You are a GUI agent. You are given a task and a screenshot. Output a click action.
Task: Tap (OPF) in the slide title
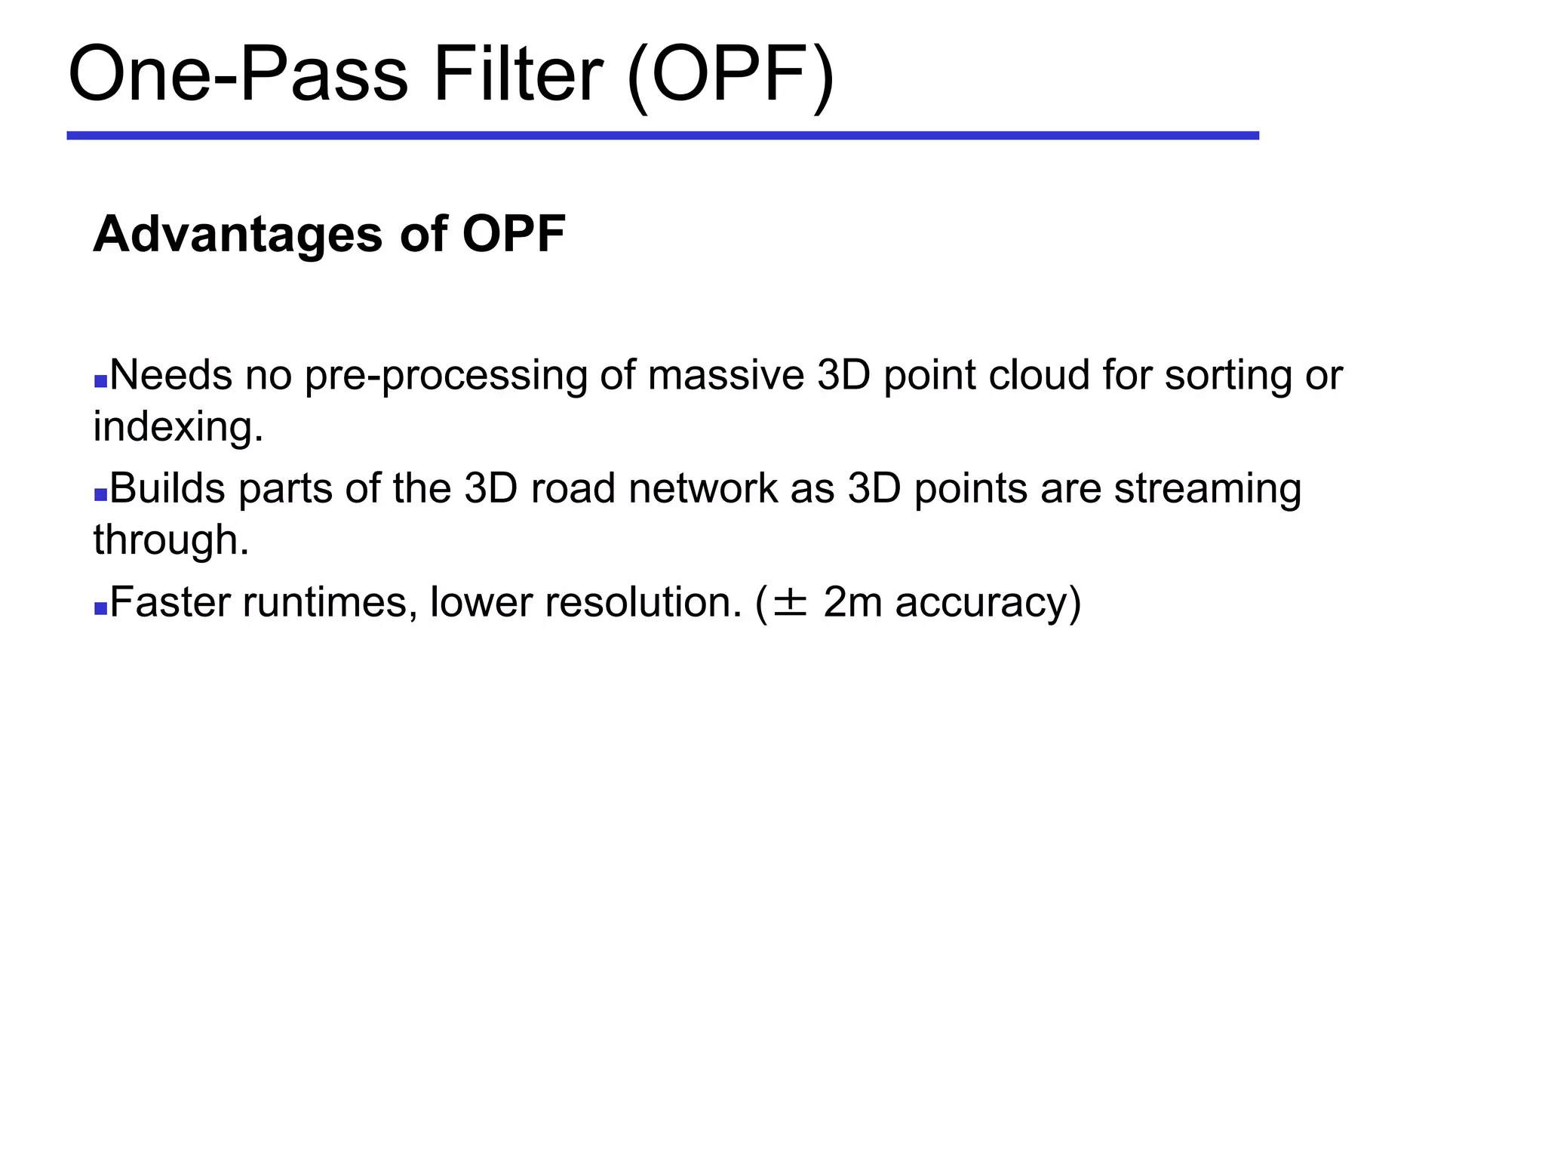[x=730, y=75]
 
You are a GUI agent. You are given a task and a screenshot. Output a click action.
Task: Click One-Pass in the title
[x=238, y=74]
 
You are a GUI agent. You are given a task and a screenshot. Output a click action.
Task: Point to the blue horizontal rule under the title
[x=662, y=136]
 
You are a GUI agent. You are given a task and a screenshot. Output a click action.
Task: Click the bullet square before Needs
[x=100, y=381]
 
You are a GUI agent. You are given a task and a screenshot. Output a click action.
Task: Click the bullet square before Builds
[x=100, y=495]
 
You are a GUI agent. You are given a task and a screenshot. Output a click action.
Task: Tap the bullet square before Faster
[x=100, y=608]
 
